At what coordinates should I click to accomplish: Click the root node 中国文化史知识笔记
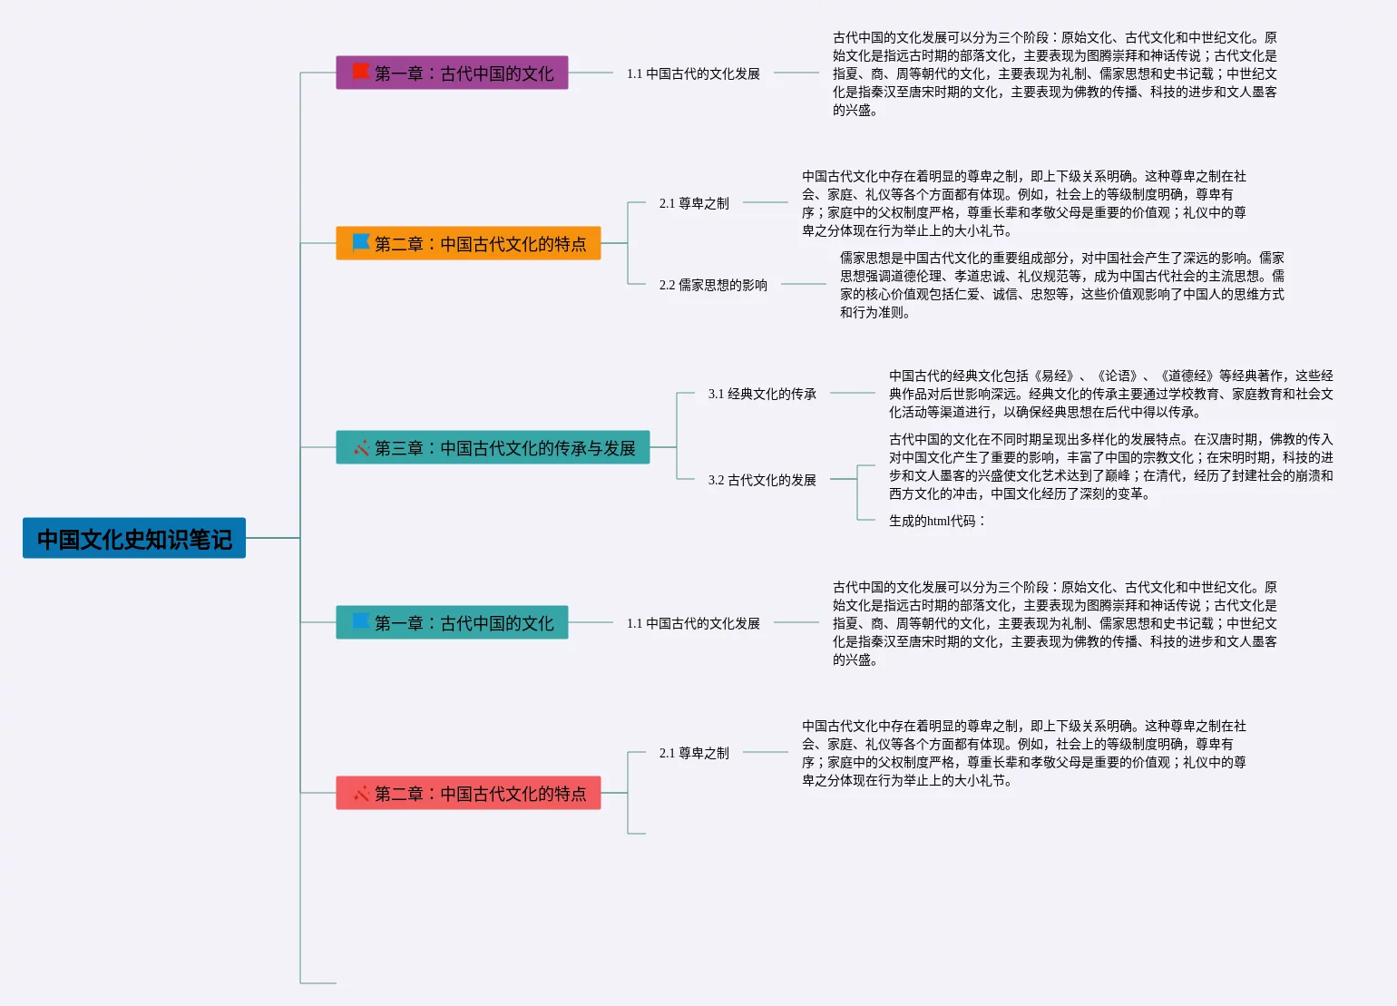tap(134, 539)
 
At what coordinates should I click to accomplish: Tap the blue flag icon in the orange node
tap(360, 242)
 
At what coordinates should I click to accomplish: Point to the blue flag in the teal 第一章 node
tap(360, 621)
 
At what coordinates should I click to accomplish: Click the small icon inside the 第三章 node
tap(361, 447)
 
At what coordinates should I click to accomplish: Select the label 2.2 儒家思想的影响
tap(713, 285)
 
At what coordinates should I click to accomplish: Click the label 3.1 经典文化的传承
tap(762, 394)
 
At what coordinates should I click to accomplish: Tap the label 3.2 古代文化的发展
tap(762, 480)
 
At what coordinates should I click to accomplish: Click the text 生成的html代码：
tap(937, 521)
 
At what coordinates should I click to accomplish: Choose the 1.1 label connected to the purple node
tap(693, 73)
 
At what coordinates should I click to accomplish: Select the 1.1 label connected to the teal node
tap(693, 623)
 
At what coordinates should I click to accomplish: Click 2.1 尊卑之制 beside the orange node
tap(694, 203)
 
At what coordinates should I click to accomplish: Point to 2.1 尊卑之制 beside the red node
tap(694, 753)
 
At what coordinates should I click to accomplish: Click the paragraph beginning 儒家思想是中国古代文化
tap(1061, 285)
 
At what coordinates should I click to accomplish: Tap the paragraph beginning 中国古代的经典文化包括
tap(1110, 394)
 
